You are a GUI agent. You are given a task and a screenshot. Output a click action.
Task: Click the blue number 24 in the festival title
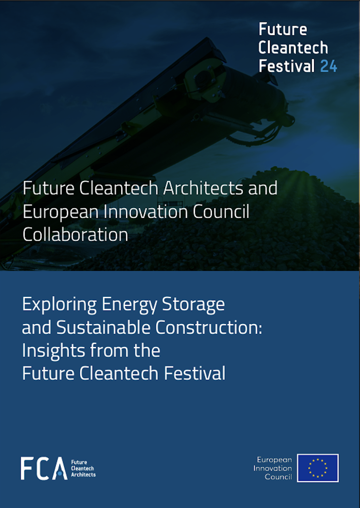pyautogui.click(x=329, y=66)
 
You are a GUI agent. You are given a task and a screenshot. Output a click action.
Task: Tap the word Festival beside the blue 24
pyautogui.click(x=287, y=66)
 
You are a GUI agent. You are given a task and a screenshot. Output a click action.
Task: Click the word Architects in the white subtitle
pyautogui.click(x=204, y=188)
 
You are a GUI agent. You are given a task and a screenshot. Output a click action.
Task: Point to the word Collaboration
pyautogui.click(x=75, y=234)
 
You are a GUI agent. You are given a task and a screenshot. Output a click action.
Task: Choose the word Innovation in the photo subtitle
pyautogui.click(x=146, y=211)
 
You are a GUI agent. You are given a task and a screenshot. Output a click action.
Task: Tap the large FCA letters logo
pyautogui.click(x=44, y=468)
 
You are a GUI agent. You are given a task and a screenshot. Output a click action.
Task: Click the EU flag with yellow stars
pyautogui.click(x=318, y=468)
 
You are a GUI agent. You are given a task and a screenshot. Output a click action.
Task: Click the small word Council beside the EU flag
pyautogui.click(x=278, y=477)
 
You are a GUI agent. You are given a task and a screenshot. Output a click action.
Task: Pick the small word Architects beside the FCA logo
pyautogui.click(x=83, y=474)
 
